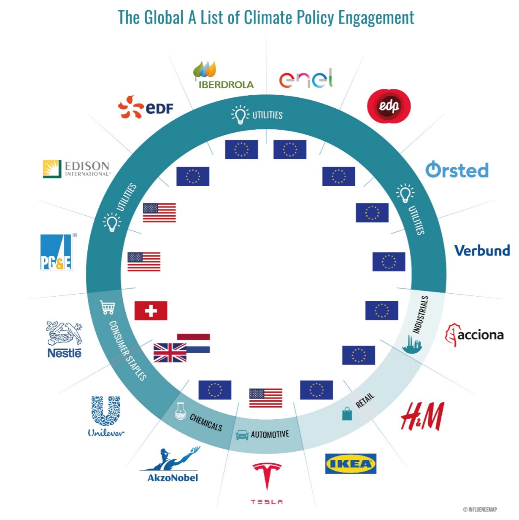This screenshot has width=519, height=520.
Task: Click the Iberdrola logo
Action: click(224, 76)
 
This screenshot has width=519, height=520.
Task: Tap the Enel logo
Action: click(306, 78)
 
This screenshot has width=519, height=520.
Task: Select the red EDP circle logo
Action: click(389, 105)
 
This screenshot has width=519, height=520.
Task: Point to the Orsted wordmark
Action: click(457, 170)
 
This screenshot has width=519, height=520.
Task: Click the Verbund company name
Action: click(482, 250)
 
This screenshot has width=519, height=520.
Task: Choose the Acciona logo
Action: click(475, 335)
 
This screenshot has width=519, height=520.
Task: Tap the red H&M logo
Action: click(422, 416)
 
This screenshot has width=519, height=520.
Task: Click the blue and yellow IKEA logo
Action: click(351, 464)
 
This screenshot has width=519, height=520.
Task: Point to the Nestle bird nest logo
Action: click(65, 339)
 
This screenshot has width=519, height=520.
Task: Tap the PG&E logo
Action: click(56, 252)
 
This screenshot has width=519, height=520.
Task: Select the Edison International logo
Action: click(76, 169)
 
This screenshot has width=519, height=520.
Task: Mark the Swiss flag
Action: click(151, 311)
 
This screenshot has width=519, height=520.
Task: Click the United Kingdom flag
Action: click(170, 353)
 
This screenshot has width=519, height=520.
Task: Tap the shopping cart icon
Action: click(107, 307)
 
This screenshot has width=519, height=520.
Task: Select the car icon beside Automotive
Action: click(242, 435)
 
